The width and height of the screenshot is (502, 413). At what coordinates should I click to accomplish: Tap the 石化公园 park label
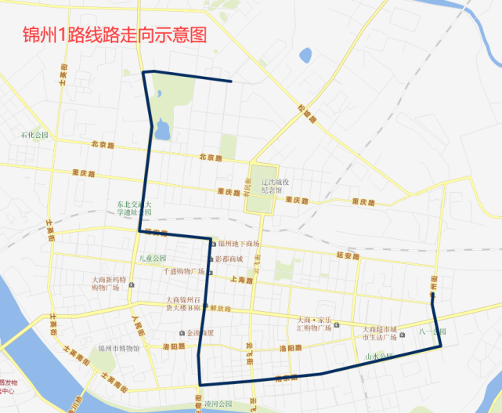pyautogui.click(x=34, y=136)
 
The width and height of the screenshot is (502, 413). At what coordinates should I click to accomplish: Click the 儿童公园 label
pyautogui.click(x=153, y=259)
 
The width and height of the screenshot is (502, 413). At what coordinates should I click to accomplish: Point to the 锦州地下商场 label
pyautogui.click(x=238, y=245)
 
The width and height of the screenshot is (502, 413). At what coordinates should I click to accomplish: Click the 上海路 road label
pyautogui.click(x=243, y=280)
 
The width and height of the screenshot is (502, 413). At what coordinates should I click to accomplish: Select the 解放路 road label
pyautogui.click(x=220, y=309)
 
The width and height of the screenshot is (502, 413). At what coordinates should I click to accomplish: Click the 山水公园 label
pyautogui.click(x=379, y=357)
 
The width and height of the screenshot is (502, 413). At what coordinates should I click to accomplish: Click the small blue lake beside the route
pyautogui.click(x=162, y=129)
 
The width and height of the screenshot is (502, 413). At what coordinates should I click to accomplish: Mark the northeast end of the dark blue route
pyautogui.click(x=230, y=81)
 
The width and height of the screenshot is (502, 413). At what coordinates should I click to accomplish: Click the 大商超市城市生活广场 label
pyautogui.click(x=380, y=332)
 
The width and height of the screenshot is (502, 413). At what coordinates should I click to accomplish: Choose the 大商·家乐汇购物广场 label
pyautogui.click(x=314, y=324)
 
